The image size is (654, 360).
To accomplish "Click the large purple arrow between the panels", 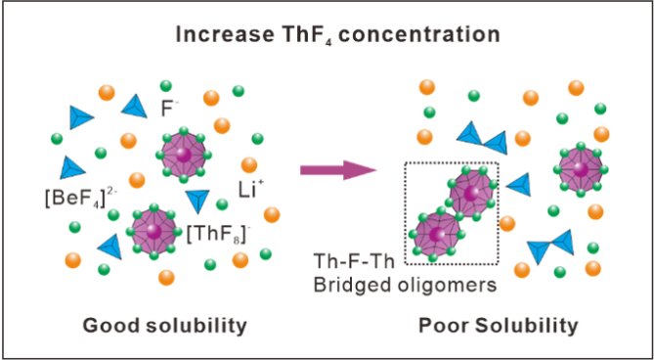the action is coord(338,170).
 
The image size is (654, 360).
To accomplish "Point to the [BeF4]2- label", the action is coord(78,198).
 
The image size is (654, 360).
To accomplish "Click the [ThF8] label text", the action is coord(216,236).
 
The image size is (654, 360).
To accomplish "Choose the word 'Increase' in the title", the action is coord(225,34).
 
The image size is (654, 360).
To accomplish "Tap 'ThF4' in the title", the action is coord(308,36).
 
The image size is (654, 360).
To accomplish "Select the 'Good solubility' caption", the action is coord(165,327).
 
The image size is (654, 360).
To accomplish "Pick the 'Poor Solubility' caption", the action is coord(499,327).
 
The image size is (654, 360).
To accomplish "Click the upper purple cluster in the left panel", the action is coord(182,156).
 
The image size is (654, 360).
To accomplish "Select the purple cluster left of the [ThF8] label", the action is coord(153,230).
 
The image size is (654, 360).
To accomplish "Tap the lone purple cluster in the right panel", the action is coord(580,169).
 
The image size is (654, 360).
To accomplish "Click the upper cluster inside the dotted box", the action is coord(471,193).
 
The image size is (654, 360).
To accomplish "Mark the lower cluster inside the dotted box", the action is coord(435,235).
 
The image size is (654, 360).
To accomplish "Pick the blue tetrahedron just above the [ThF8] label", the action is coord(196,202).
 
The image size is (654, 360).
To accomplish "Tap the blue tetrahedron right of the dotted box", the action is coord(520,185).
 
